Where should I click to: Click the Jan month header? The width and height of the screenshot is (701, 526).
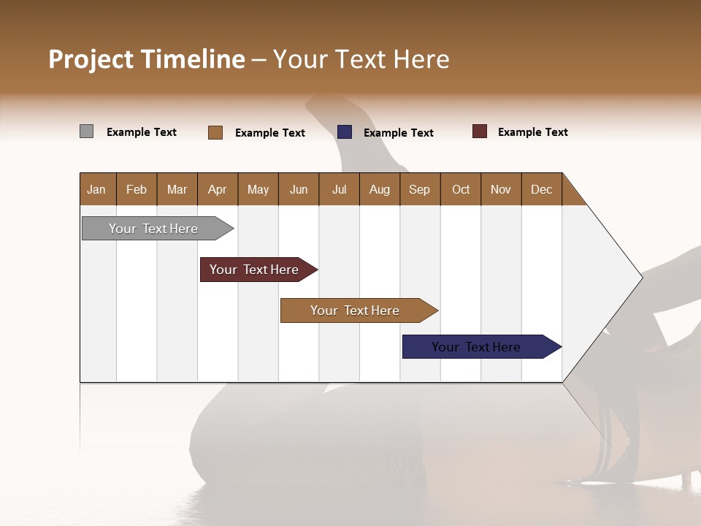96,189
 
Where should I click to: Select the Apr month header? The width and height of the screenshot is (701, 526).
218,189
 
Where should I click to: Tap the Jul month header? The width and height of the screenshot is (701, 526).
339,189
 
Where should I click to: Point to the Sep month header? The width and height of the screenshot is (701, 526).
419,189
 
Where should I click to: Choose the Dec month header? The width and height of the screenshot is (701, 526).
541,189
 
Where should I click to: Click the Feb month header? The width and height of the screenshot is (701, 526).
137,189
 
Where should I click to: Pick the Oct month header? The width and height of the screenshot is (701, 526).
461,189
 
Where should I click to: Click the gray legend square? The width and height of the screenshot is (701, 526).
87,131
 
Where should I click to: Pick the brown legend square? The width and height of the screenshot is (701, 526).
215,132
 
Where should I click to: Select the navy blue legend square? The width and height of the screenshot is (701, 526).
345,132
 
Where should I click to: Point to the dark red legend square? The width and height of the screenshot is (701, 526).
480,131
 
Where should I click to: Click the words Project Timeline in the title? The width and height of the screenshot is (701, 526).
147,59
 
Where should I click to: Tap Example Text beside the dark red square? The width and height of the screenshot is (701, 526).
532,132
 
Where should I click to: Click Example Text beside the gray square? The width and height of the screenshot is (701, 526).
141,132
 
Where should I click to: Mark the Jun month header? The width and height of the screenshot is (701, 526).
299,189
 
